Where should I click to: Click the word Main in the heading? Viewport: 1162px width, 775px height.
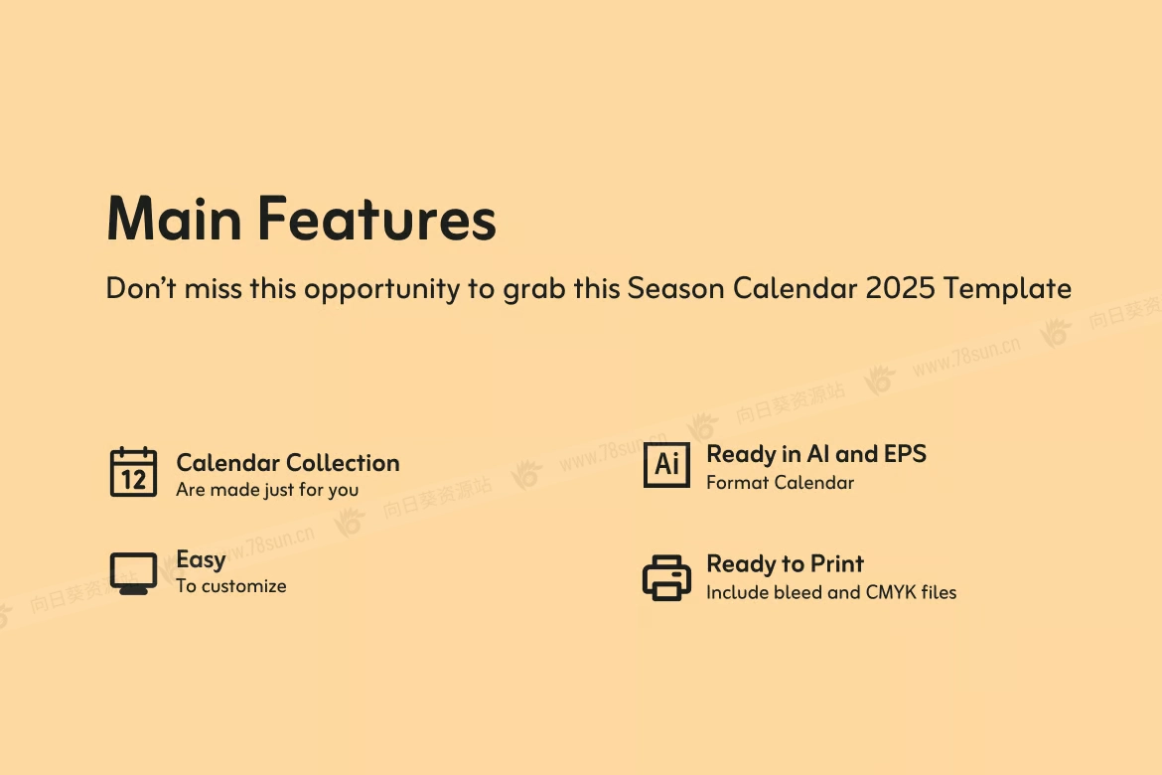[x=174, y=218]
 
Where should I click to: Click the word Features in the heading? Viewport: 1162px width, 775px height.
[x=377, y=218]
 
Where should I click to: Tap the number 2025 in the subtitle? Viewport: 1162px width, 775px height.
[x=901, y=288]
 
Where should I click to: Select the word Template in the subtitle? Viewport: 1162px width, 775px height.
[x=1007, y=288]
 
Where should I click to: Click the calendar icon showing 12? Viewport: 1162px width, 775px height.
[x=133, y=472]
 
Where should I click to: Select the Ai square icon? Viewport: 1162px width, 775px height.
[x=666, y=465]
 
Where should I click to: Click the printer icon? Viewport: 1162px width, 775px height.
[x=666, y=577]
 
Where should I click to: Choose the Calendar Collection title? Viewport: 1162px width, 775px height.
[x=288, y=463]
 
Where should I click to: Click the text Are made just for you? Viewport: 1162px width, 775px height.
[x=267, y=490]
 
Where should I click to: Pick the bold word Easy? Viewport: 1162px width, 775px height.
[x=201, y=560]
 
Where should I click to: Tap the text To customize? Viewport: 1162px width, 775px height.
[x=231, y=586]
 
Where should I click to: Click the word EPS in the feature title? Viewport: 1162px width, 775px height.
[x=905, y=454]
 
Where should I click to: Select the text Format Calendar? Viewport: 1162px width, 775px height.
[x=781, y=483]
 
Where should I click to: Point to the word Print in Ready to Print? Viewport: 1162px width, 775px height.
[x=837, y=563]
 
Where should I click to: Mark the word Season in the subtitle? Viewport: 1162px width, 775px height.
[x=676, y=288]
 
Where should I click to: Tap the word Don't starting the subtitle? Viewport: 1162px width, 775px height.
[x=141, y=288]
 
